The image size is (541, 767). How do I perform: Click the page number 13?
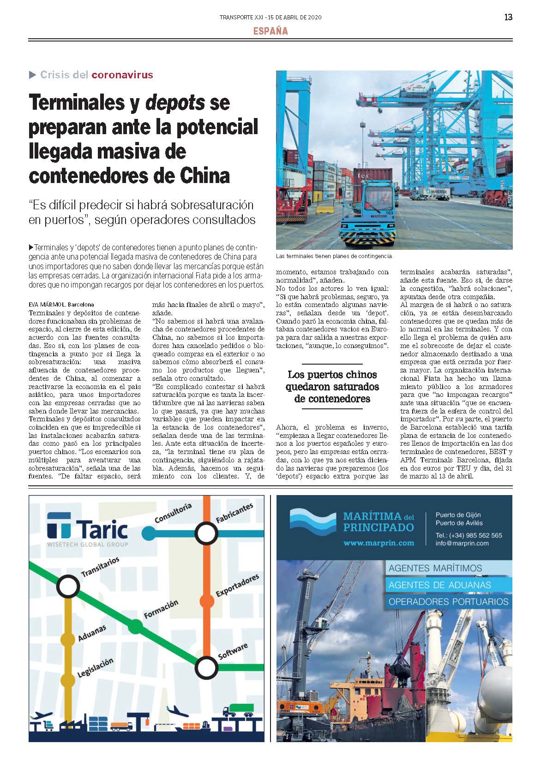click(x=508, y=18)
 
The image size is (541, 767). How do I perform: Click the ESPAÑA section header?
click(x=270, y=31)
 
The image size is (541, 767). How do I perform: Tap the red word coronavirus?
click(x=122, y=75)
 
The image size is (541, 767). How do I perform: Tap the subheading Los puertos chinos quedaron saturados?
click(x=332, y=387)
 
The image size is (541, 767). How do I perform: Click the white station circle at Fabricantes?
click(x=206, y=533)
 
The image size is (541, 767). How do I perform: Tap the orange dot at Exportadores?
click(x=207, y=601)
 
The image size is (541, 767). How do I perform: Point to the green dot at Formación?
click(x=135, y=626)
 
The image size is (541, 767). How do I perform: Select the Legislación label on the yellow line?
click(x=96, y=667)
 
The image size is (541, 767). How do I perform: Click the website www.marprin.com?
click(x=379, y=543)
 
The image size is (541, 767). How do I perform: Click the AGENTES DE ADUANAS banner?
click(x=439, y=585)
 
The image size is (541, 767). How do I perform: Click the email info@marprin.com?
click(x=462, y=543)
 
